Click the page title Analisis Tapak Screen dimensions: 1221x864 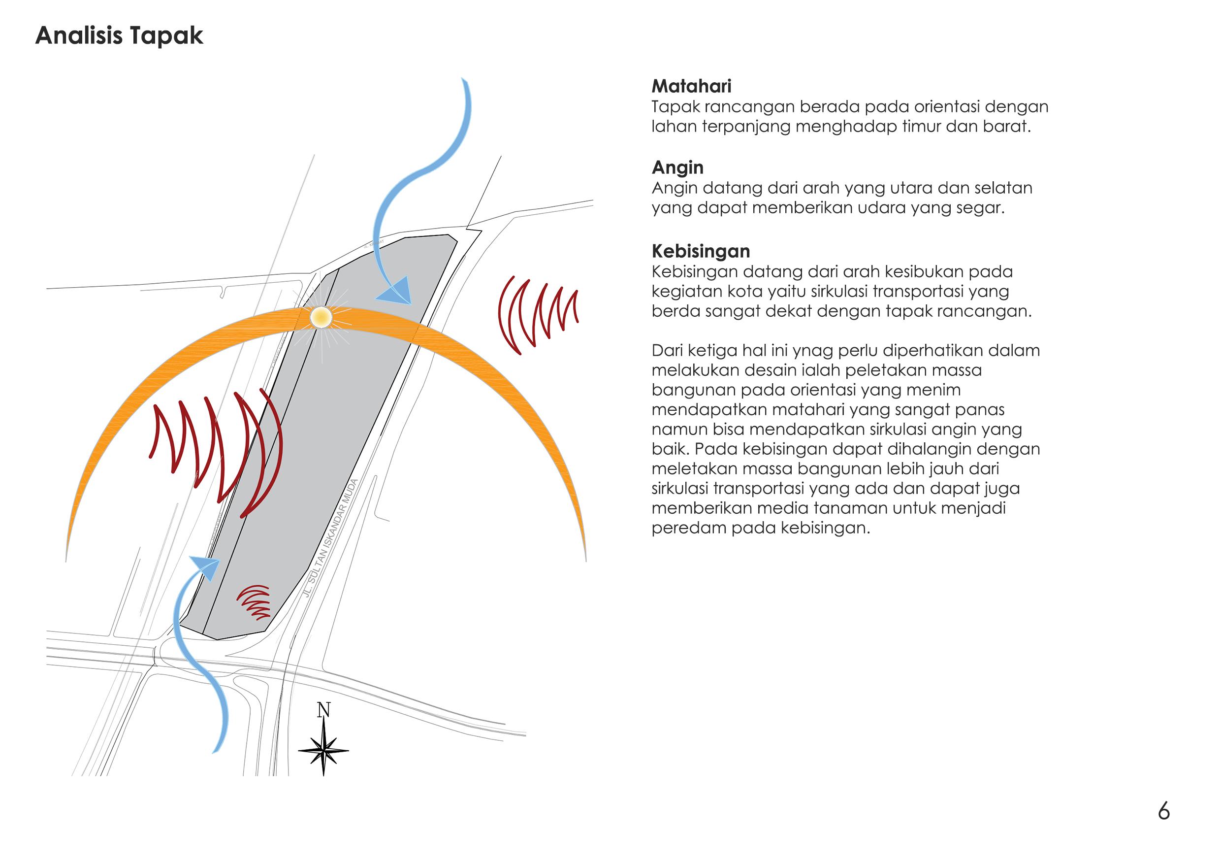pos(119,35)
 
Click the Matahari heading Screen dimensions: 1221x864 pos(691,86)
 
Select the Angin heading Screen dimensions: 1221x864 pos(677,167)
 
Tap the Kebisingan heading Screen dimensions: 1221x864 pos(701,251)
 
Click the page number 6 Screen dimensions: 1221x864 pos(1163,812)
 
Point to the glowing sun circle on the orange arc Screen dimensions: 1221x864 pos(321,318)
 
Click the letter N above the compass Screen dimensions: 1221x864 pos(323,710)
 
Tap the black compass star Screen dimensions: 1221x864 pos(323,751)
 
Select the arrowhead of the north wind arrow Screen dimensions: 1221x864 pos(396,292)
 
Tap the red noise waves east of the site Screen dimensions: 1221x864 pos(537,314)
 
